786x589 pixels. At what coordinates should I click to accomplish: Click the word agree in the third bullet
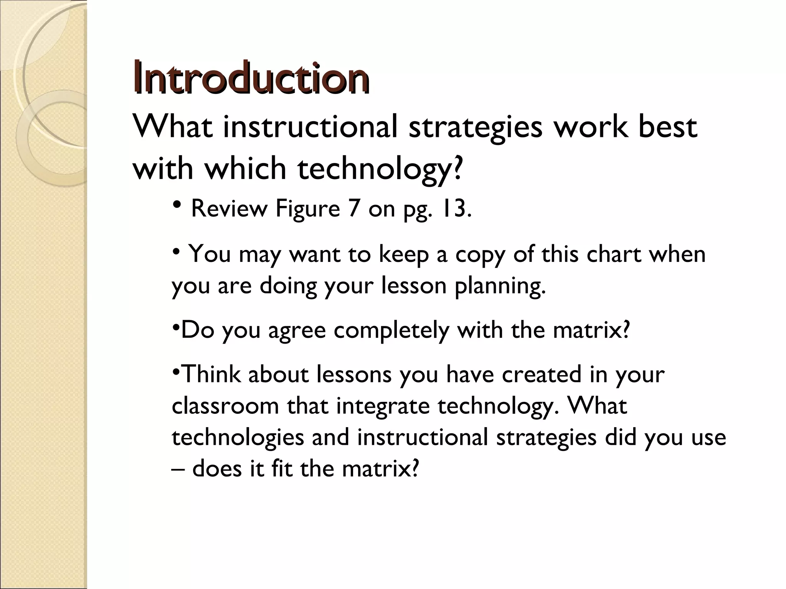[x=297, y=330]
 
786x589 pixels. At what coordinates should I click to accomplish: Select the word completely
[x=391, y=330]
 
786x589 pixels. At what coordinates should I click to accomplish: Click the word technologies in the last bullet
[x=238, y=438]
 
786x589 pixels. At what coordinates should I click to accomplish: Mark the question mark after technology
[x=456, y=169]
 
